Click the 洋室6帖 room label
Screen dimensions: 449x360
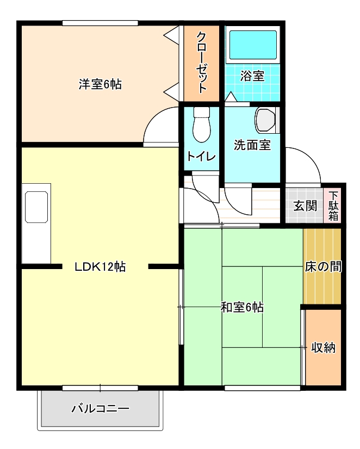100,84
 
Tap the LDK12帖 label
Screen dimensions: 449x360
101,267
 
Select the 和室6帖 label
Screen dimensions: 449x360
242,307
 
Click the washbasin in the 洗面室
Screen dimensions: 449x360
266,120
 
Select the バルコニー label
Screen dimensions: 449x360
101,408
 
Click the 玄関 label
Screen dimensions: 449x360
305,206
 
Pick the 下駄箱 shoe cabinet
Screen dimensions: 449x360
333,206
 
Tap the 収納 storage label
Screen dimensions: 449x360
323,348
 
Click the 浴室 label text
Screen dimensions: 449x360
252,76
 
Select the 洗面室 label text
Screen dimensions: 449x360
252,145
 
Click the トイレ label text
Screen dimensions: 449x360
201,156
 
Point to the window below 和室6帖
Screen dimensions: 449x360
262,388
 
